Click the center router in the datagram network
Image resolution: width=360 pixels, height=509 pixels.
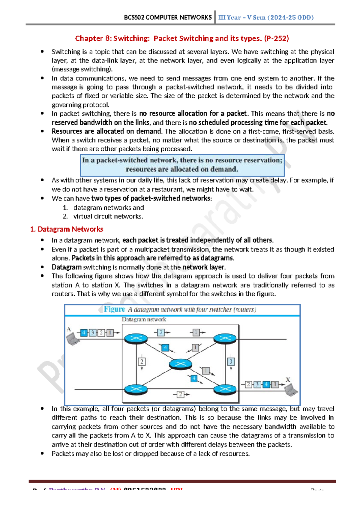coord(180,364)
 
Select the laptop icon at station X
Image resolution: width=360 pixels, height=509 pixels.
coord(291,390)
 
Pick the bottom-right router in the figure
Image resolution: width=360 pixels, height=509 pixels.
coord(225,390)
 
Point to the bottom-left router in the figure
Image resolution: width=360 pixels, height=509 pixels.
coord(136,390)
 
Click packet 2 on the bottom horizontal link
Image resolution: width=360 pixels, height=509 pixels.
coord(180,394)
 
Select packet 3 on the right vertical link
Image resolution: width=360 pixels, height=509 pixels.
coord(231,362)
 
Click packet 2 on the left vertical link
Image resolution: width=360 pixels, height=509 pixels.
coord(142,362)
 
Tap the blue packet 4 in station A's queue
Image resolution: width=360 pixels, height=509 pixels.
coord(84,333)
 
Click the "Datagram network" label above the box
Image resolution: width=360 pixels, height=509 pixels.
coord(144,320)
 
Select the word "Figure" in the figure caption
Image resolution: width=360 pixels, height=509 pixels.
coord(114,309)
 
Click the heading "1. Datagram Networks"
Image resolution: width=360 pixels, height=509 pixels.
coord(67,229)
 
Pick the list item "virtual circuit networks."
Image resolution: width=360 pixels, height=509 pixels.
coord(108,216)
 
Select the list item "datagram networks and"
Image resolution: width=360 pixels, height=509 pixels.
coord(109,208)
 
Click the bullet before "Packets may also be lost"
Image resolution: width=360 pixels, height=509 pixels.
coord(42,453)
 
